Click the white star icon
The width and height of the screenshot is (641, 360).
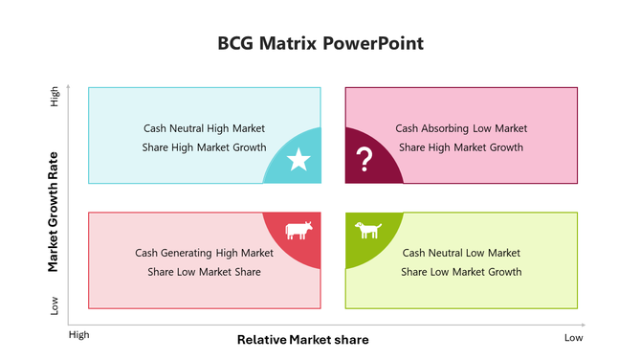(298, 160)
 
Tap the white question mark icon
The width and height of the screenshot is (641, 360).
(364, 160)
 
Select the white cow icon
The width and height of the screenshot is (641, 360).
(298, 231)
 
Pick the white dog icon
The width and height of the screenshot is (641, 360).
(368, 231)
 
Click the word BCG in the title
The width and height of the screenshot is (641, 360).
(236, 44)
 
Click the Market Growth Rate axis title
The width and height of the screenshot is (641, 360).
(54, 212)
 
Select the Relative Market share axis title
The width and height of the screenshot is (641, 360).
(302, 340)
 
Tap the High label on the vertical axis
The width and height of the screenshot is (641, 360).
(54, 100)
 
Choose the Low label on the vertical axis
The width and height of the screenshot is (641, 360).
(54, 306)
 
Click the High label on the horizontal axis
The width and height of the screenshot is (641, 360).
(78, 336)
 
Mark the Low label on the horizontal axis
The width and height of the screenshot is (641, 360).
(573, 337)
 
